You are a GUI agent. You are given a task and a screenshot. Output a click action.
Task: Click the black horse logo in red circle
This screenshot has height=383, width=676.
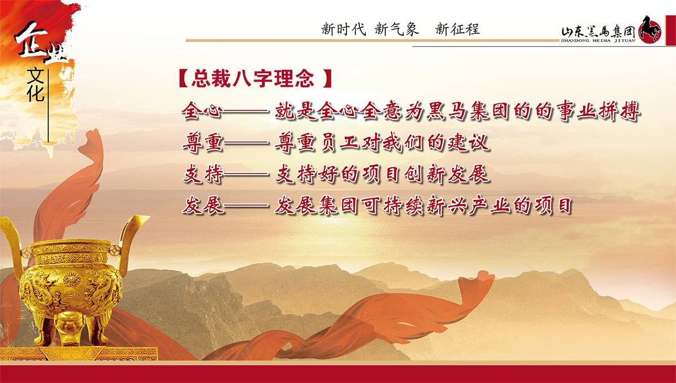pyautogui.click(x=650, y=30)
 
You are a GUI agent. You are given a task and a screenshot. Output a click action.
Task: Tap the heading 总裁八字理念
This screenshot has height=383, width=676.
pyautogui.click(x=253, y=78)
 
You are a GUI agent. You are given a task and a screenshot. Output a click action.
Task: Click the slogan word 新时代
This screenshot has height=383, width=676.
pyautogui.click(x=344, y=29)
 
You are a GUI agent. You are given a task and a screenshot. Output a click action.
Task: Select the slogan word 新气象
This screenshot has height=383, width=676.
pyautogui.click(x=397, y=29)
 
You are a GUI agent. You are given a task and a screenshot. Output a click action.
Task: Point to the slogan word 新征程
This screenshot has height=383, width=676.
pyautogui.click(x=457, y=29)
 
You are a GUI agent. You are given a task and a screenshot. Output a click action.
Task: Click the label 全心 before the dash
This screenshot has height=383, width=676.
pyautogui.click(x=202, y=111)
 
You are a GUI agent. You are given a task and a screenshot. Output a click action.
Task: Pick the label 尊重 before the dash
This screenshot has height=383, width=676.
pyautogui.click(x=203, y=142)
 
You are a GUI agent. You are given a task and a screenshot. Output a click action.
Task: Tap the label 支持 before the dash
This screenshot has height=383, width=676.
pyautogui.click(x=203, y=174)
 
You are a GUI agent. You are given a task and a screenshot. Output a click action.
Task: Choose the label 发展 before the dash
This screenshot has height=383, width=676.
pyautogui.click(x=203, y=205)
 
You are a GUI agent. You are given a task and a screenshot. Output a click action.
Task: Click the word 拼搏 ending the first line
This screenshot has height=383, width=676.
pyautogui.click(x=619, y=111)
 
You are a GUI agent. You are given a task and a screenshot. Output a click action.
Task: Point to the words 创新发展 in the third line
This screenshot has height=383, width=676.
pyautogui.click(x=446, y=174)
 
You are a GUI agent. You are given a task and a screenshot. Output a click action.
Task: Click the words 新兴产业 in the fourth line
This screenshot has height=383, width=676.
pyautogui.click(x=468, y=205)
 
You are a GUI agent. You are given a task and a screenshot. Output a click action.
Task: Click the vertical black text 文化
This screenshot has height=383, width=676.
pyautogui.click(x=36, y=85)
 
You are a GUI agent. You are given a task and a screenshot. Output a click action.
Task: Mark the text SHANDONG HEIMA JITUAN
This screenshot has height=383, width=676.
pyautogui.click(x=598, y=41)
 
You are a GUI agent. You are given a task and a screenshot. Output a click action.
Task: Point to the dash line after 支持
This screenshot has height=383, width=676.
pyautogui.click(x=246, y=174)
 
